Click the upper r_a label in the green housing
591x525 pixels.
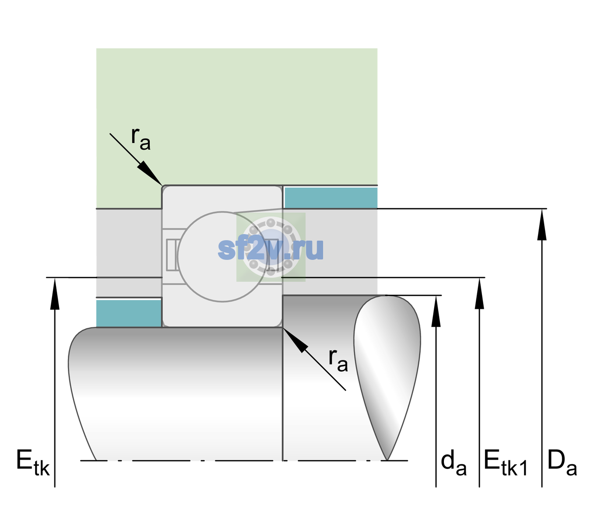click(141, 139)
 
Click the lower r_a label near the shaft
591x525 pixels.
click(338, 360)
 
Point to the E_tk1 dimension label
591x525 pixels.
click(506, 462)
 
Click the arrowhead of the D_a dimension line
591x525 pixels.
click(542, 224)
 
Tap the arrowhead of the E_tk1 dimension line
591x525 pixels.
click(479, 294)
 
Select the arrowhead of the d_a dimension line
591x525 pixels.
click(436, 311)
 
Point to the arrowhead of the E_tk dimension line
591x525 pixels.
click(55, 294)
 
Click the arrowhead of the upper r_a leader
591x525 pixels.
click(150, 173)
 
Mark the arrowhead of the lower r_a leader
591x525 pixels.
click(295, 340)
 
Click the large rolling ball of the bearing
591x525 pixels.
click(222, 257)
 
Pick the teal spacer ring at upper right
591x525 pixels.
click(331, 197)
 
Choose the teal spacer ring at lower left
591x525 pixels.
click(129, 313)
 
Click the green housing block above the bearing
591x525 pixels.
click(236, 117)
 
